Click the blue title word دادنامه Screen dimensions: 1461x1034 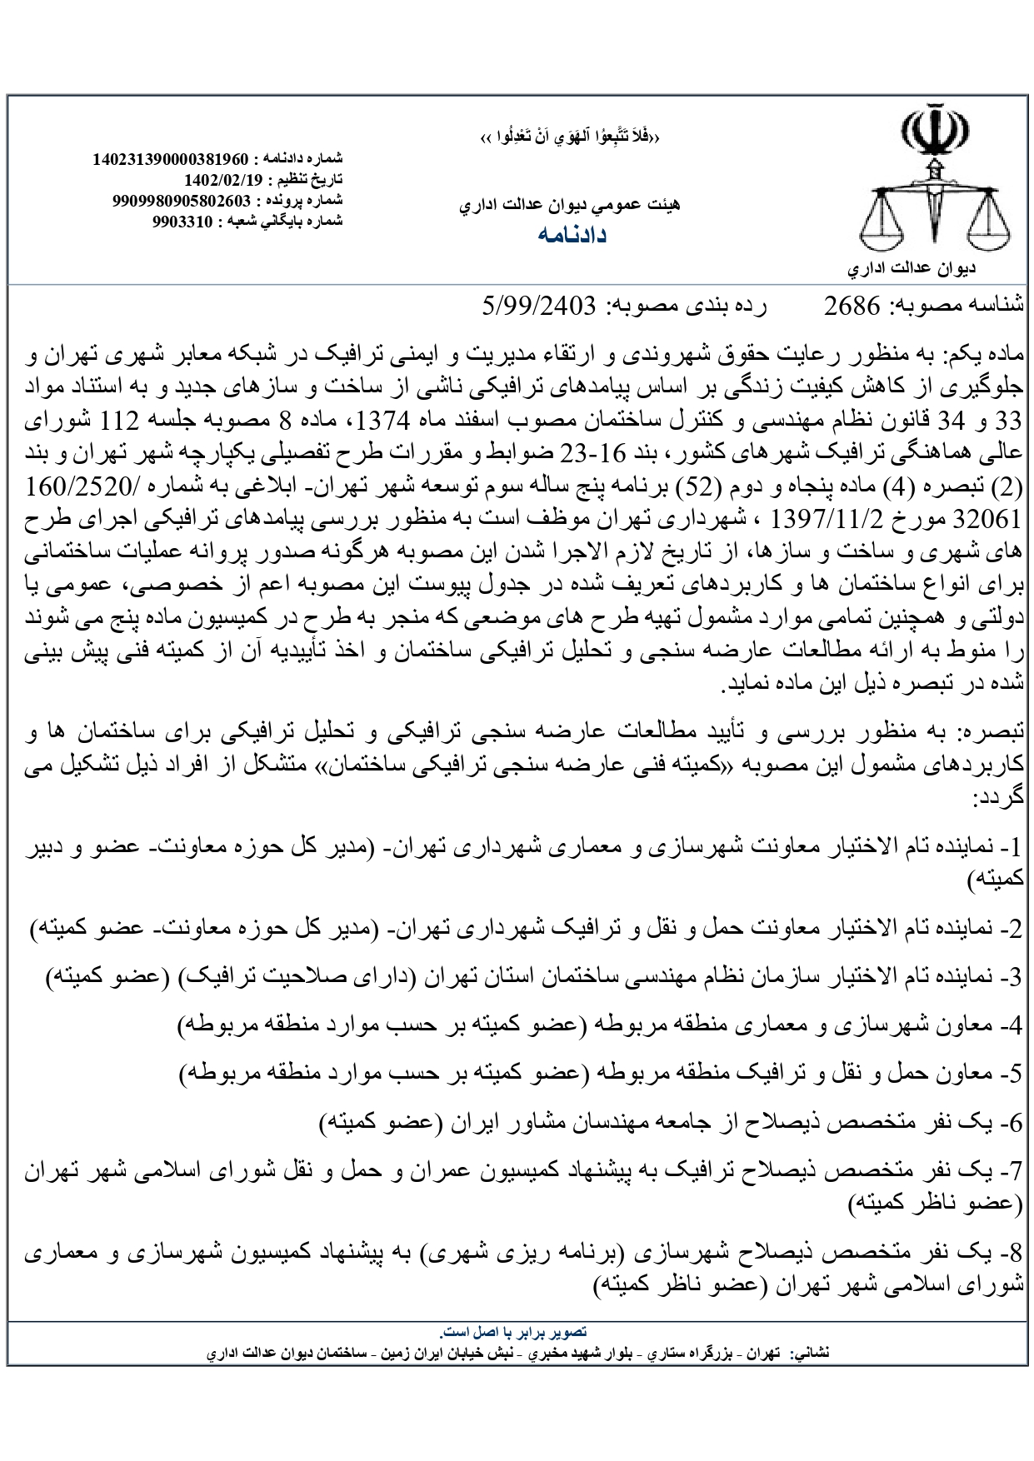[572, 235]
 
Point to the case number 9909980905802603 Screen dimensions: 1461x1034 [182, 201]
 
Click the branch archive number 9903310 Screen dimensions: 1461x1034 [183, 222]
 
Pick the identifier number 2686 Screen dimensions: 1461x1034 [852, 307]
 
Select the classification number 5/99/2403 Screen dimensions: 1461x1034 [539, 307]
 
